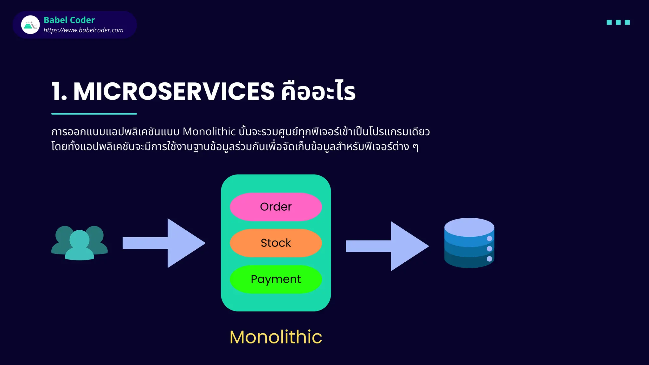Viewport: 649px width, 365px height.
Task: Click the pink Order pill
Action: (276, 207)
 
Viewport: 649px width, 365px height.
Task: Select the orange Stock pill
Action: (276, 243)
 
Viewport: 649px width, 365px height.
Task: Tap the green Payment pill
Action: (276, 279)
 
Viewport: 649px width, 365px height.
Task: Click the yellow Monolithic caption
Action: (276, 337)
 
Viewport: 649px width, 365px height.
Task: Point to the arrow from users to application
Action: (164, 243)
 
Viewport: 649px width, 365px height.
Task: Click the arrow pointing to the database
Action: (387, 246)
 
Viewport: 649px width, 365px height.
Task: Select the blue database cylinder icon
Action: (469, 243)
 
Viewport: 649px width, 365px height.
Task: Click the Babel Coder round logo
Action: (30, 25)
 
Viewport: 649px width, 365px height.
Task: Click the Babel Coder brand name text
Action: (69, 20)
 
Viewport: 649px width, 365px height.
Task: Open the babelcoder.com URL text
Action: (83, 30)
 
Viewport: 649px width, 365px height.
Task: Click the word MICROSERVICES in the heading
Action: (174, 92)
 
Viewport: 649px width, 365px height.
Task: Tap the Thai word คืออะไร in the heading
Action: (318, 92)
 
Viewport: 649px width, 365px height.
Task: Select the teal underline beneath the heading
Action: (94, 113)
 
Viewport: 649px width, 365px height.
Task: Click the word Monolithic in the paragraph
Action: (209, 131)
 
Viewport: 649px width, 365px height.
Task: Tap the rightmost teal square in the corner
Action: (627, 22)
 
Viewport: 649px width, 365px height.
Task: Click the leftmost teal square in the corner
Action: (609, 22)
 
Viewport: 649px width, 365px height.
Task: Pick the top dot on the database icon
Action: (489, 238)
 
